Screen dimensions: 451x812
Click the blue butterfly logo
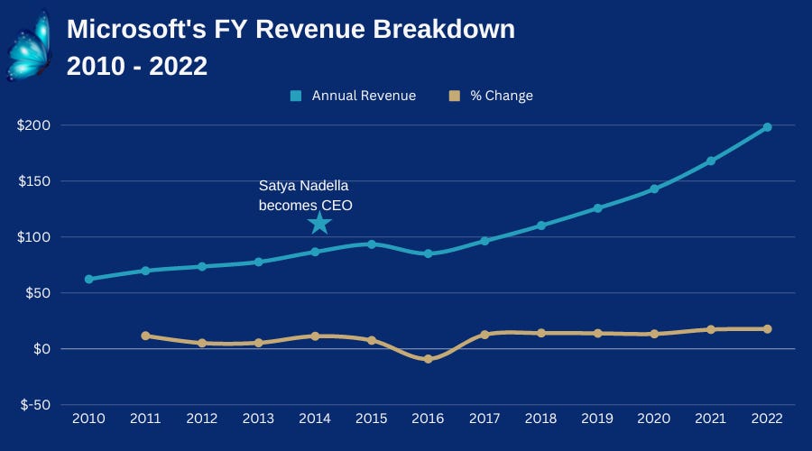(29, 45)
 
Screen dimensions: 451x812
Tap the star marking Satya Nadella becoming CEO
(318, 222)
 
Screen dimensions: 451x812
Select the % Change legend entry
(492, 96)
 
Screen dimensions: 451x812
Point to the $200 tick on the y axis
(33, 125)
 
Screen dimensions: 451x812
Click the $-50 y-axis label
(33, 405)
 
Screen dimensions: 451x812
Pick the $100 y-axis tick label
(33, 237)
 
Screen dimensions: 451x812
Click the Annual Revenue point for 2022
(767, 127)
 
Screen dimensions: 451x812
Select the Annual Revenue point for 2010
(88, 279)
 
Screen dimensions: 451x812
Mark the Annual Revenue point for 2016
(429, 253)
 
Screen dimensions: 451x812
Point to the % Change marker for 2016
(429, 359)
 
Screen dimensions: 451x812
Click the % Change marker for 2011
(145, 336)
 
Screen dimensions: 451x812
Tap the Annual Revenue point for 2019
(597, 208)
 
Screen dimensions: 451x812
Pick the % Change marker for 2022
(767, 329)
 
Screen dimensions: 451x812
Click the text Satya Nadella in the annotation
(305, 188)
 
